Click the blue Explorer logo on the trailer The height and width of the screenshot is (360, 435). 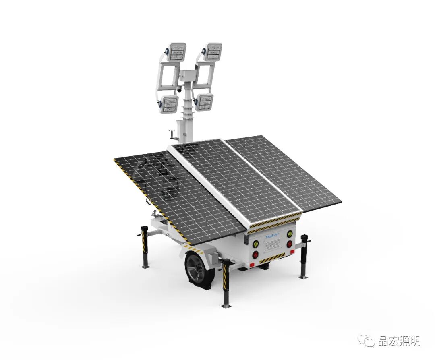(x=273, y=237)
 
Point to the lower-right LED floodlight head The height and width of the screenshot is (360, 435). (x=205, y=103)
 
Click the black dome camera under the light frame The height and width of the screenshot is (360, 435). (x=179, y=90)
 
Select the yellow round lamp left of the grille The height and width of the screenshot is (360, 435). (x=255, y=244)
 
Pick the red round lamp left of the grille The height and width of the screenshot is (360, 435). (x=255, y=254)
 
